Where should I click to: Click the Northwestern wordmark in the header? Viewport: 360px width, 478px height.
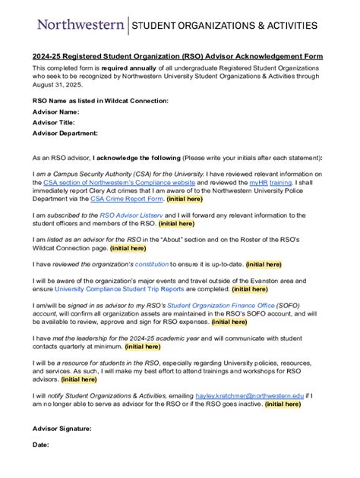[81, 25]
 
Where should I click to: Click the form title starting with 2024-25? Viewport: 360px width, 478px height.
[177, 56]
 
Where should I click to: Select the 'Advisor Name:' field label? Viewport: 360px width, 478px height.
[55, 111]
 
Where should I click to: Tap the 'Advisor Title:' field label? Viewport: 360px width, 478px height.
[53, 121]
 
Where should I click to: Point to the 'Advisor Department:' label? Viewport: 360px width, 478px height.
[65, 133]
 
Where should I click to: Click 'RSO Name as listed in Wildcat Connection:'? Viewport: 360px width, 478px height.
[100, 100]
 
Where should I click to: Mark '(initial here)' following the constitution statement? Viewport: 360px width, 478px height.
[264, 264]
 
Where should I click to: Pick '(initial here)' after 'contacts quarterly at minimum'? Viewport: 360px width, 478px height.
[142, 346]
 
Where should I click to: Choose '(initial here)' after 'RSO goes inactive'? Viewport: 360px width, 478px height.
[283, 404]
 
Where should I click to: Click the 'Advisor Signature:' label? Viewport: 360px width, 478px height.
[62, 429]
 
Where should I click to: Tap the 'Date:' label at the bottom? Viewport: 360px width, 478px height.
[40, 444]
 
